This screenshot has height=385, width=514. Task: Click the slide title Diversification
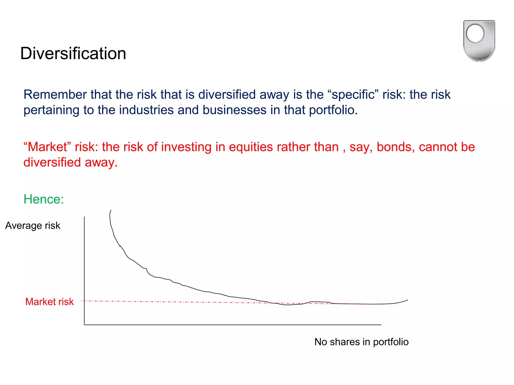(73, 53)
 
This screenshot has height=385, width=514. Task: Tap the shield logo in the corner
(479, 41)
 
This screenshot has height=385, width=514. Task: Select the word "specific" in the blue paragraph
(353, 95)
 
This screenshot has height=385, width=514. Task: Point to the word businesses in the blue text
(234, 110)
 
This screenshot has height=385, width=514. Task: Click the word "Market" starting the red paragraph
(47, 147)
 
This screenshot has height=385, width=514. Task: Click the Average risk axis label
(33, 226)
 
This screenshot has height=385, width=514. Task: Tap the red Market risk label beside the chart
(49, 302)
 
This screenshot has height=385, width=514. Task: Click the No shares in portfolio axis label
(361, 342)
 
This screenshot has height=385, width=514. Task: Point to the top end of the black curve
(111, 211)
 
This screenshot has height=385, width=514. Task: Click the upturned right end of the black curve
(407, 300)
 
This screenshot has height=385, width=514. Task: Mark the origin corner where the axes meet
(84, 325)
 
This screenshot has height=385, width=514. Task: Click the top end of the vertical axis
(84, 217)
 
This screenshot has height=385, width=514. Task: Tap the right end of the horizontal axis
(381, 325)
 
